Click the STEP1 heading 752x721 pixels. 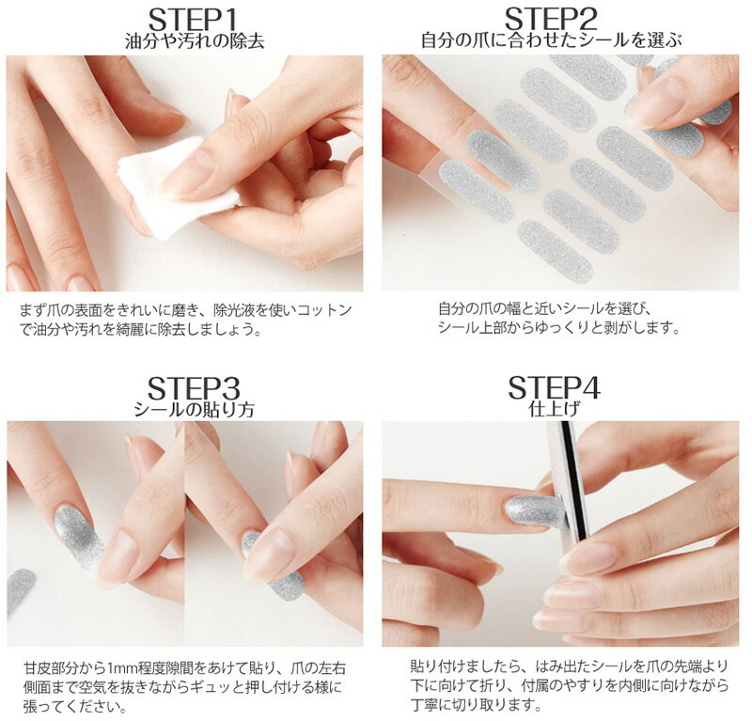[193, 21]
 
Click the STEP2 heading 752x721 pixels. [551, 20]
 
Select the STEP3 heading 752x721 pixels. [194, 388]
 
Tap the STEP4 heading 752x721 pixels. [554, 387]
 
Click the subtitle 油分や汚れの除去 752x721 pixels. [195, 41]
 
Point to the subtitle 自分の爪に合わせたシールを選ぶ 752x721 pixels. [552, 40]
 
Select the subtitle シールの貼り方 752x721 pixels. [194, 410]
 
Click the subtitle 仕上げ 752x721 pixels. [555, 409]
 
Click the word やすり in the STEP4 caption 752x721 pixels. [582, 685]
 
